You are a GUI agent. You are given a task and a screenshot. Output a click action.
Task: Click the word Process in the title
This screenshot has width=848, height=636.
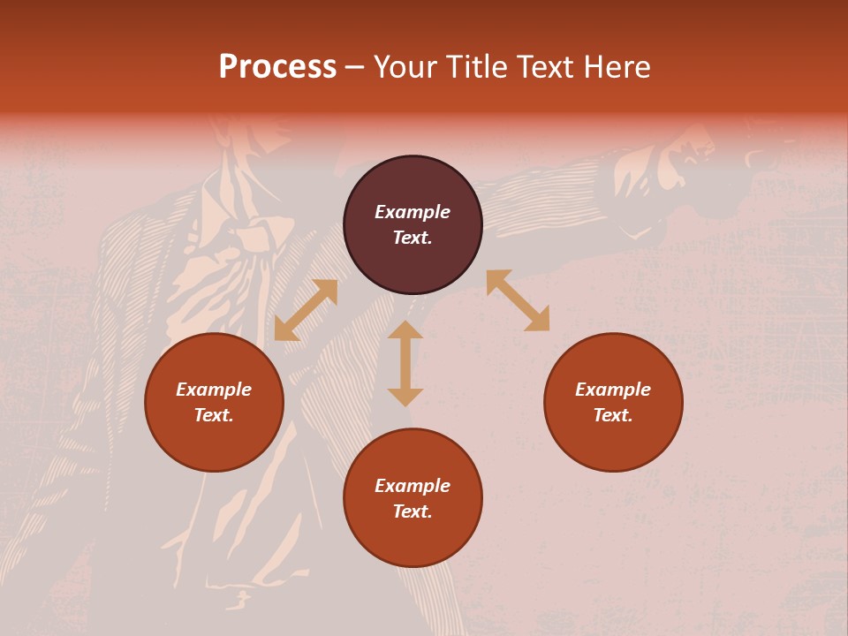pos(277,67)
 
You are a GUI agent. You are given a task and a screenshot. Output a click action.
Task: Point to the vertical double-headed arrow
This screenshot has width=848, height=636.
pos(405,363)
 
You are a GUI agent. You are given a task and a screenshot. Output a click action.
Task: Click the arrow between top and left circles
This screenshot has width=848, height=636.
pos(306,310)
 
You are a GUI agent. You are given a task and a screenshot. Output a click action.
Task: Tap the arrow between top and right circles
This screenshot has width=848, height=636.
pos(518,300)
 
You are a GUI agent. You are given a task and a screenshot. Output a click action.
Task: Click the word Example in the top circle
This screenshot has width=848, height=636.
pos(413,212)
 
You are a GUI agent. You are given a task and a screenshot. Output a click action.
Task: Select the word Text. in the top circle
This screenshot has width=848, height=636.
pos(413,238)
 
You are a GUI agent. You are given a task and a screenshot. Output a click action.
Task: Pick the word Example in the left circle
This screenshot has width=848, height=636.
pos(214,390)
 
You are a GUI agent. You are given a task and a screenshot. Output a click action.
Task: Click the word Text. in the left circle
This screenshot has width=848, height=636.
pos(214,415)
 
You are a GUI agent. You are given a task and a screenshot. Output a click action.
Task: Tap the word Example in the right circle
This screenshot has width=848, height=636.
pos(613,390)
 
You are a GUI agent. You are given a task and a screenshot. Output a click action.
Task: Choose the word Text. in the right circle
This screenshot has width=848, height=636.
pos(613,415)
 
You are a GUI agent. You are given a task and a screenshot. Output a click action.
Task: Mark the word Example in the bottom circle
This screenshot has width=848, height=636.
pos(413,486)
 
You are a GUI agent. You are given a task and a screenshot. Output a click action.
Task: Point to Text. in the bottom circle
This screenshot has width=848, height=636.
pos(413,511)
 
